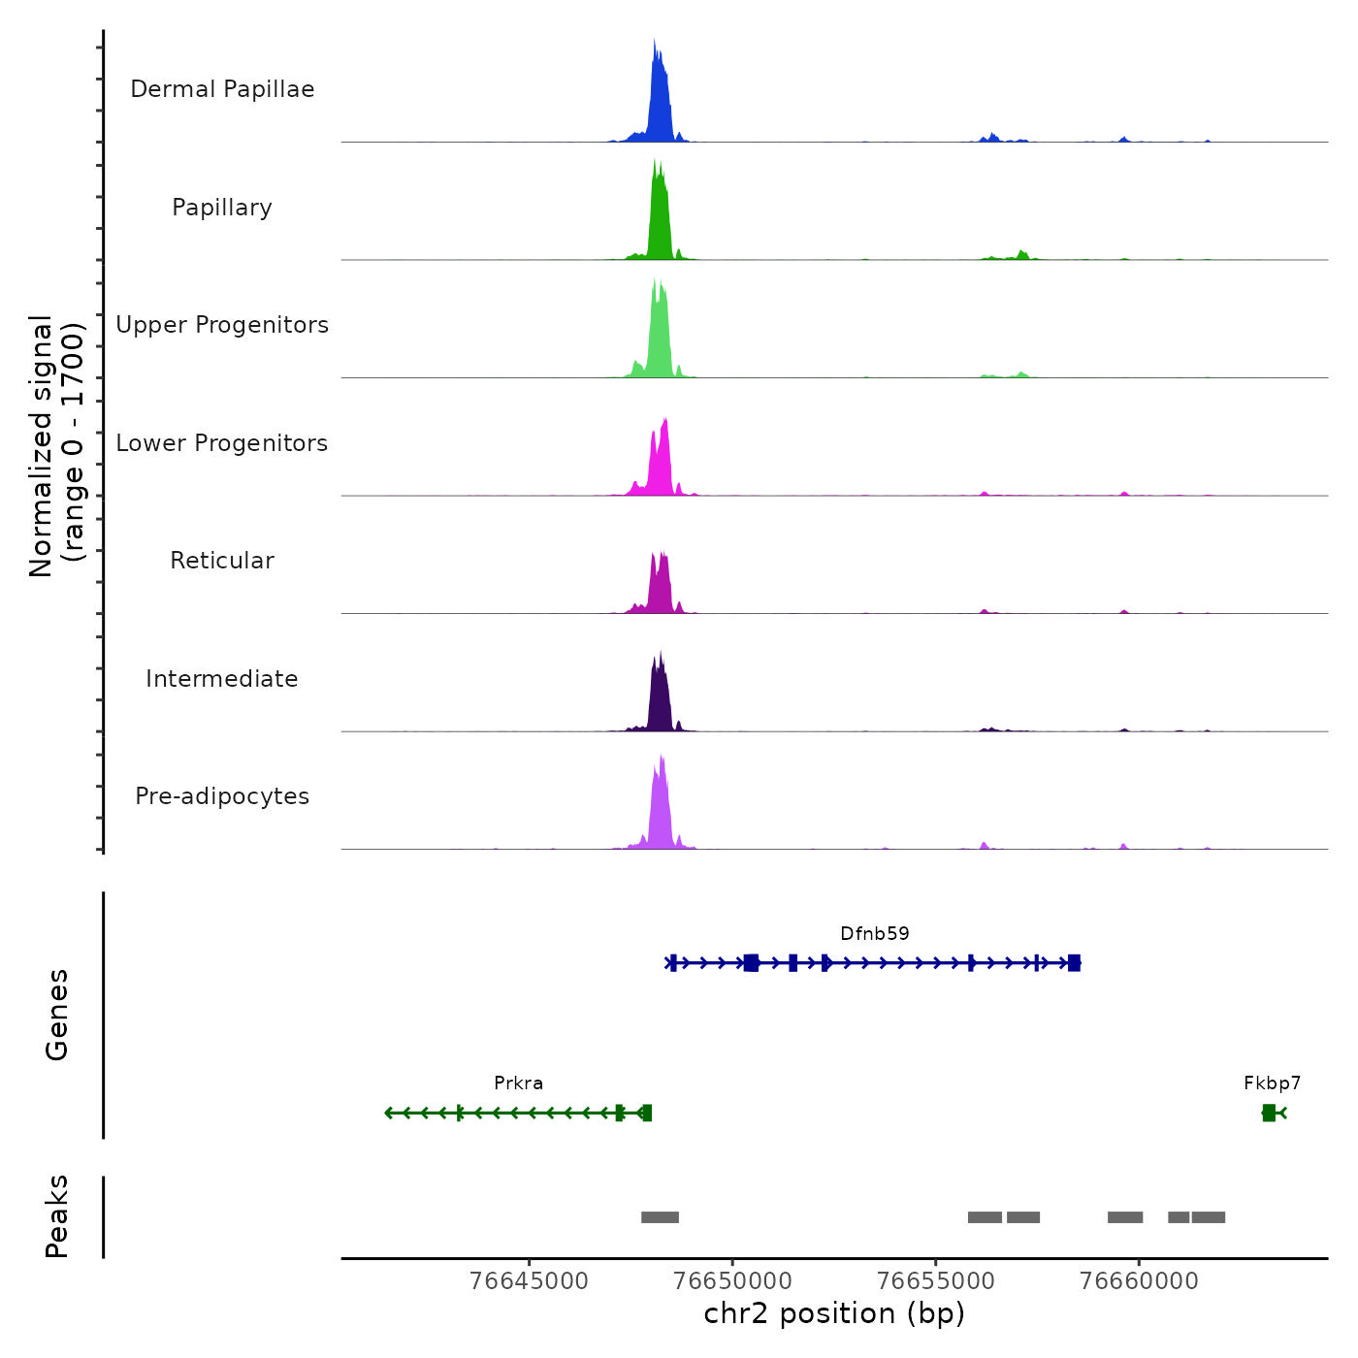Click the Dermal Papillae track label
click(x=222, y=89)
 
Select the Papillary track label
click(x=222, y=208)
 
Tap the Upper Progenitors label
click(x=222, y=325)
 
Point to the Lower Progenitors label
click(x=222, y=443)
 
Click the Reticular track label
click(x=222, y=561)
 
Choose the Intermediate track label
click(x=222, y=679)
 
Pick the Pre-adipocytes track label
click(x=222, y=796)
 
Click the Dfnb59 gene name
click(x=875, y=934)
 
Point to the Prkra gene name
click(x=519, y=1083)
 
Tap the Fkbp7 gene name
click(x=1273, y=1083)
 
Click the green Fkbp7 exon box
click(x=1269, y=1113)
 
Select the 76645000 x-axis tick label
click(x=529, y=1281)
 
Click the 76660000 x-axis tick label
click(x=1139, y=1281)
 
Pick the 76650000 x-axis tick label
click(x=732, y=1281)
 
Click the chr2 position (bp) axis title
click(x=834, y=1314)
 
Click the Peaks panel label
click(x=57, y=1216)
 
